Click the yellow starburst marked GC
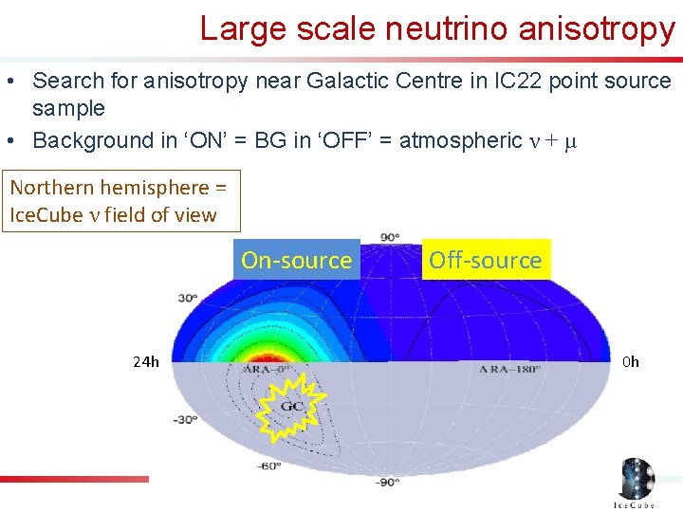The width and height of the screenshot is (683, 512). pos(292,407)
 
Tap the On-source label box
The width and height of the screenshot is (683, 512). pos(296,260)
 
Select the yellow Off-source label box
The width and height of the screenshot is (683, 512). pos(485,260)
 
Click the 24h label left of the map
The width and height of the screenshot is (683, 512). pos(146,361)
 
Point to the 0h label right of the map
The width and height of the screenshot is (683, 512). pos(631,361)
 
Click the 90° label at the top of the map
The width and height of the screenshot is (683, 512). pos(390,236)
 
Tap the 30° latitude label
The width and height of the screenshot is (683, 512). pos(188,298)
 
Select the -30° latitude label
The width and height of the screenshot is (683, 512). pos(185,418)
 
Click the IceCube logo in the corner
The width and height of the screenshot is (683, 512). pos(636,484)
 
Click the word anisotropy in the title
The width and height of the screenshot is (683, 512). pos(597,28)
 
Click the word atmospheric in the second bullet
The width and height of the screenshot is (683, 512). pos(460,140)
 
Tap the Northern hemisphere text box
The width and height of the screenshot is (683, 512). pos(120,201)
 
